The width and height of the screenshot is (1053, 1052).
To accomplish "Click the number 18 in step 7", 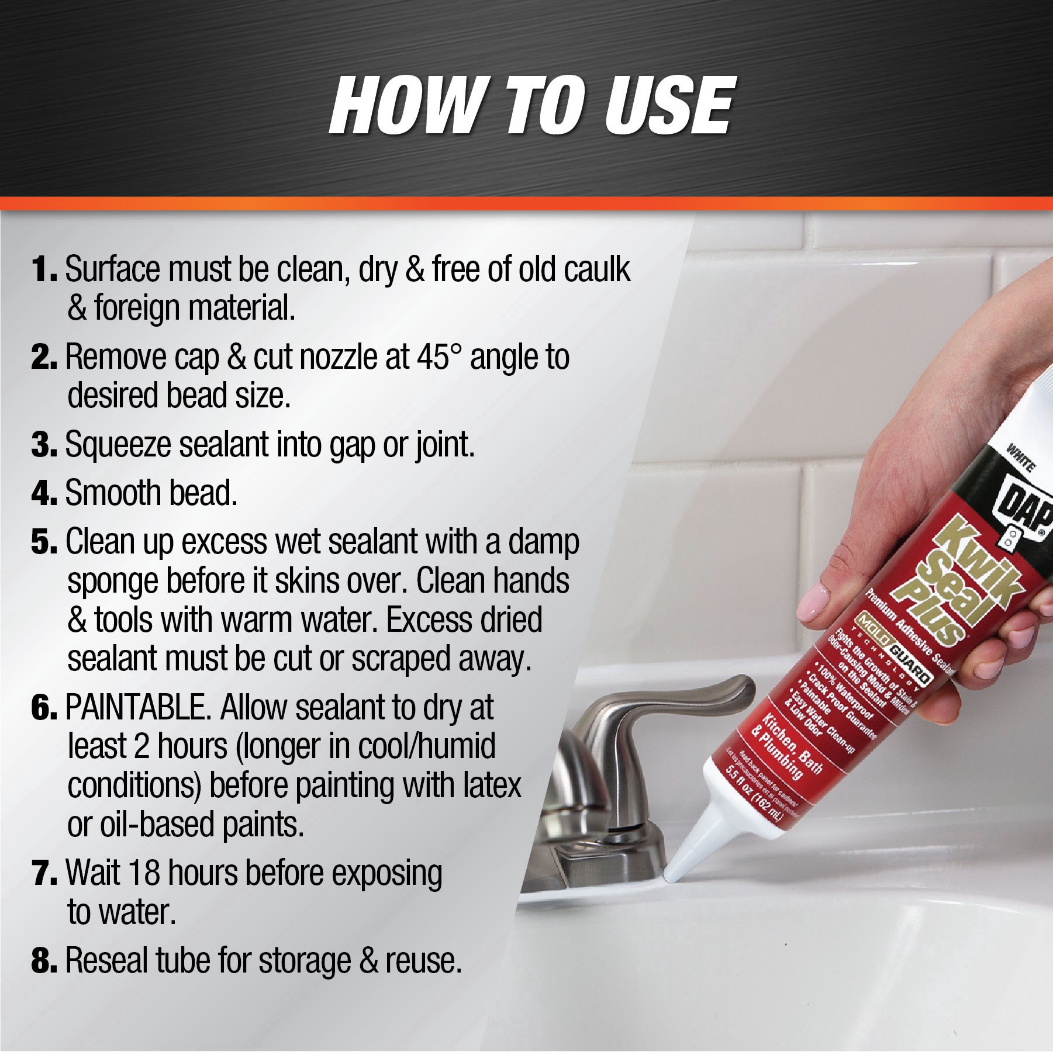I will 143,873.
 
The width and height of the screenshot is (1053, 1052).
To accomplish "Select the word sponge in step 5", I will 112,582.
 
